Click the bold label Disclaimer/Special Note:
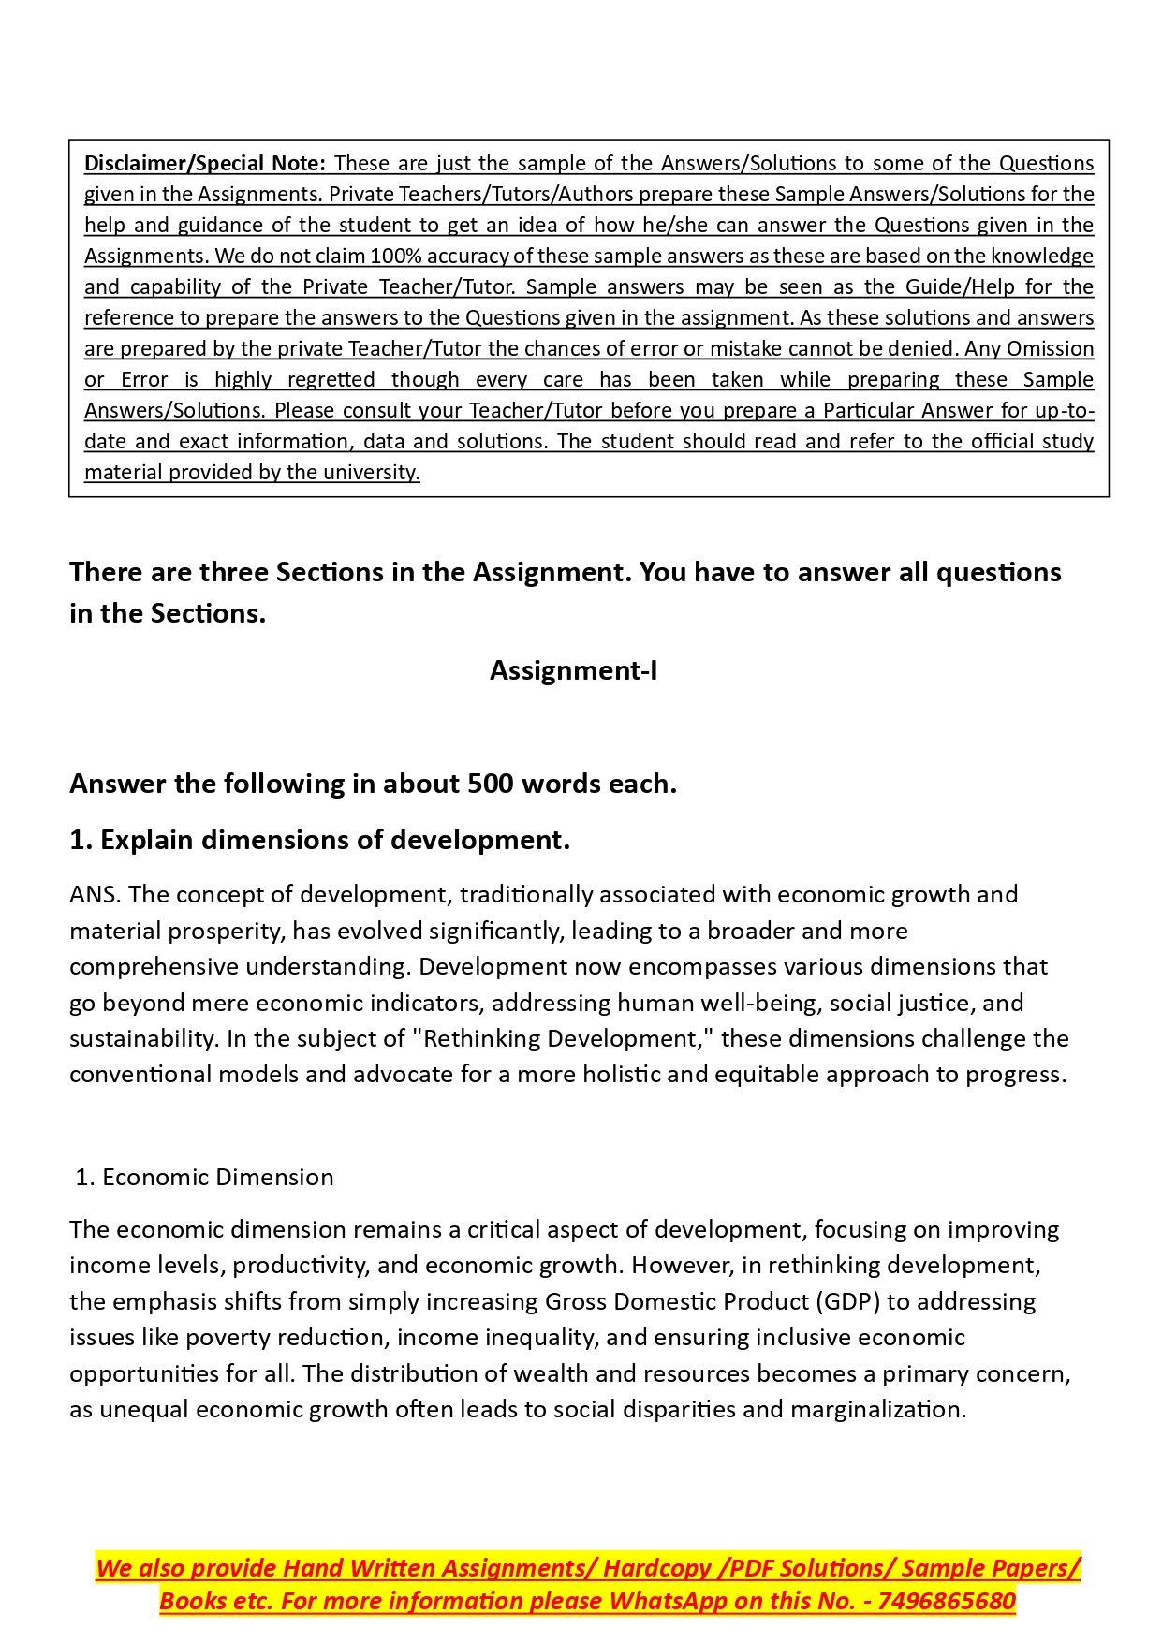pos(204,163)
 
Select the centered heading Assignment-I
pos(573,670)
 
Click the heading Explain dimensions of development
pos(334,840)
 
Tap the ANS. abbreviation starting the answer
pos(95,894)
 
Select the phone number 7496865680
pos(947,1601)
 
